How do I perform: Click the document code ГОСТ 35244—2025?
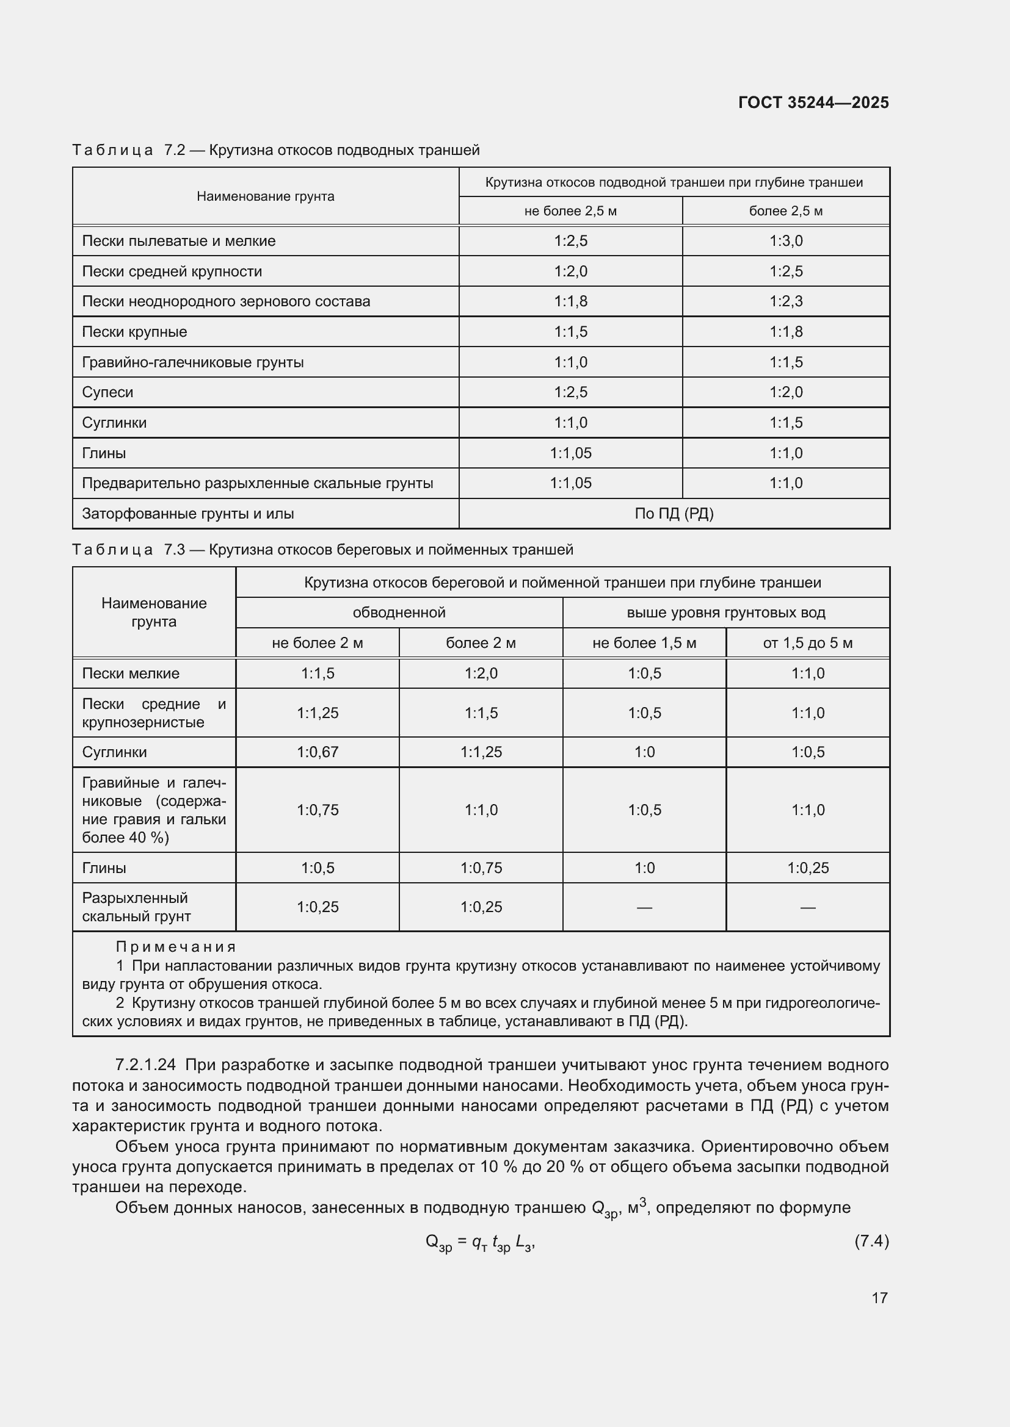point(813,102)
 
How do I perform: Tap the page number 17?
point(879,1297)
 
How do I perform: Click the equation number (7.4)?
point(871,1241)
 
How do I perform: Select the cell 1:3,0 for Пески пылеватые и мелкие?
point(785,241)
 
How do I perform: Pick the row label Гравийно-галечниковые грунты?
point(193,362)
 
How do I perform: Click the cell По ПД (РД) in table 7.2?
point(674,514)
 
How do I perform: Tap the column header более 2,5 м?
point(785,211)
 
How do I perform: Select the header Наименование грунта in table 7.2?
point(266,196)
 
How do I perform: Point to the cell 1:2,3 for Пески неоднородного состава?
point(785,301)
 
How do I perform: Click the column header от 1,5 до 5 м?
point(807,643)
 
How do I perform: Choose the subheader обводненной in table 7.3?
point(399,613)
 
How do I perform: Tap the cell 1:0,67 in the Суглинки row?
point(317,752)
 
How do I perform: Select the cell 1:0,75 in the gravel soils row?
point(317,810)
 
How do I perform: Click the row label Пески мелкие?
point(131,674)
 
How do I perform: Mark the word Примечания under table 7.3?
point(176,947)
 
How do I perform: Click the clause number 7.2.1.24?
point(145,1065)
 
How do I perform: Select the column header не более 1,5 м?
point(644,643)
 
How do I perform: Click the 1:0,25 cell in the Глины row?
point(807,868)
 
